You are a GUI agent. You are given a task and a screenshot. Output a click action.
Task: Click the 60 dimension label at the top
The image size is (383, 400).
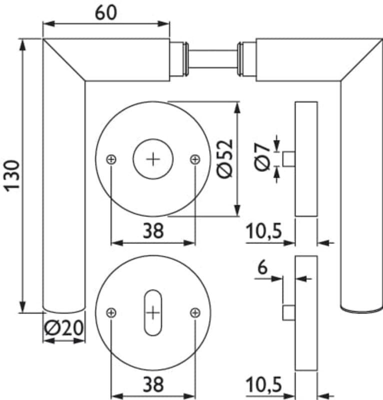click(106, 13)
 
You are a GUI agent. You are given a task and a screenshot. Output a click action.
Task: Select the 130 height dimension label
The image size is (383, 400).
click(11, 176)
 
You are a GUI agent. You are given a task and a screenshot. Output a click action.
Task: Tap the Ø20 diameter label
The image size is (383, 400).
click(64, 327)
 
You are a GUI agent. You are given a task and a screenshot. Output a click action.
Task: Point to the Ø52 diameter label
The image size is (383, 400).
click(225, 158)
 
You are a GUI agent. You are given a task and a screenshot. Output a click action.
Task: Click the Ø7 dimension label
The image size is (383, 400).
click(262, 157)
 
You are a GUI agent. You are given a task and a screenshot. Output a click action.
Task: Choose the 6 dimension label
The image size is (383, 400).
click(262, 267)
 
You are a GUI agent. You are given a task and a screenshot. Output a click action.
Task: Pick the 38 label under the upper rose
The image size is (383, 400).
click(153, 230)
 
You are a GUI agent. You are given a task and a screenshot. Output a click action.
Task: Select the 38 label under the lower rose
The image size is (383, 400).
click(153, 384)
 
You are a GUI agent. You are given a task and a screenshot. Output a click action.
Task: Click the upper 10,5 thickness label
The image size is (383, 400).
click(264, 231)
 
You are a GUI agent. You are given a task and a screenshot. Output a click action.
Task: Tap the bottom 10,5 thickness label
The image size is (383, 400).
click(264, 384)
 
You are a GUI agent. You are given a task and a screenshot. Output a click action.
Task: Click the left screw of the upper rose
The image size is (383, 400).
click(111, 159)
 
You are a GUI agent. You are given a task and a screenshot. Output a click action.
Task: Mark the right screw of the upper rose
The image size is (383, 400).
click(195, 159)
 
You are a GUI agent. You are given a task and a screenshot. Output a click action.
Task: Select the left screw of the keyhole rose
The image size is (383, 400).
click(111, 313)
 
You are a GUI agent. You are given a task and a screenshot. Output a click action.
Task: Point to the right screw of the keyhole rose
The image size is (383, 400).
click(195, 313)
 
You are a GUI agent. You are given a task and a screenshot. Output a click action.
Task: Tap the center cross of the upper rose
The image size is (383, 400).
click(153, 159)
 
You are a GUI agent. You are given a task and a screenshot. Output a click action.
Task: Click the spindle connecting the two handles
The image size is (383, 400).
click(213, 59)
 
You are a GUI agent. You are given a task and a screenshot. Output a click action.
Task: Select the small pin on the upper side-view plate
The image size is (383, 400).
click(289, 159)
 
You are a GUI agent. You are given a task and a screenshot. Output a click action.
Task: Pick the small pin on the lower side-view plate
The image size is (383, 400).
click(289, 312)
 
